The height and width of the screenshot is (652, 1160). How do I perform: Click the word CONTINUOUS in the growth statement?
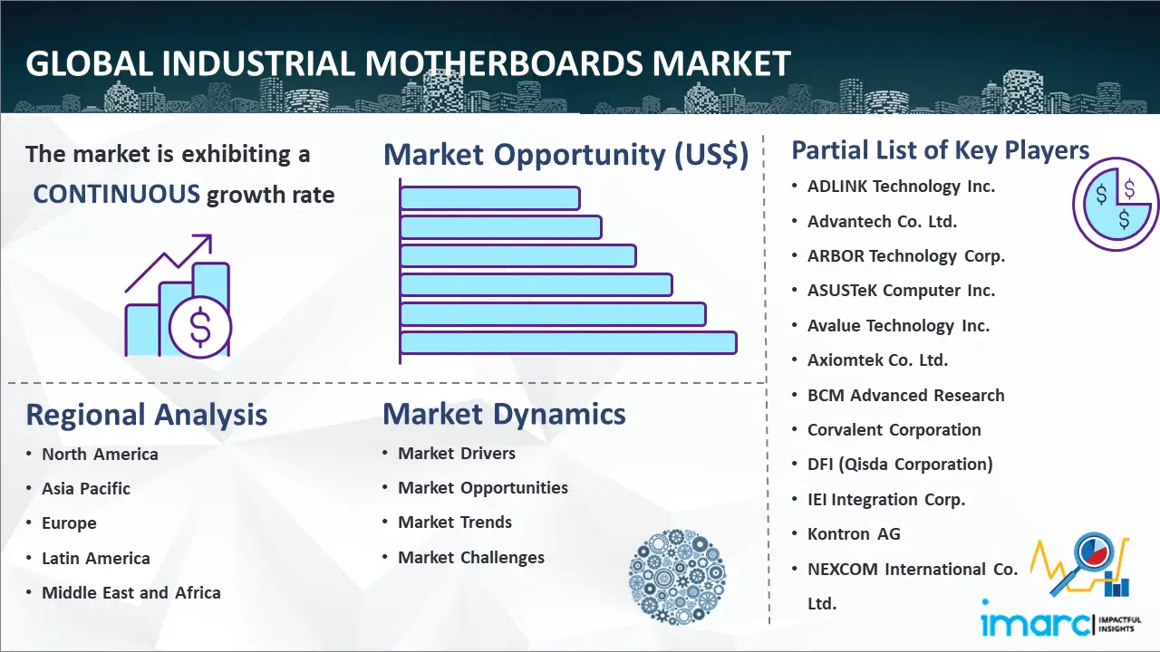[117, 194]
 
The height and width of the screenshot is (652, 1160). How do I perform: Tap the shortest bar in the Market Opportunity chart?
[490, 198]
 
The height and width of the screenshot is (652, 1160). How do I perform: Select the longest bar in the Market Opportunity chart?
[568, 342]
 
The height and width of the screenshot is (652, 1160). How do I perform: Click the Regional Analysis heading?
[147, 415]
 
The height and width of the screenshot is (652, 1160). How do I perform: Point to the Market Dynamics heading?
[504, 414]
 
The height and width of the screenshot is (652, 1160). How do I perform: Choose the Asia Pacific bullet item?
[86, 488]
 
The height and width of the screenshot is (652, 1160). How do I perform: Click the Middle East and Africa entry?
[131, 592]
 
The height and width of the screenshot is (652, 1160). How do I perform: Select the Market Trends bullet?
[455, 523]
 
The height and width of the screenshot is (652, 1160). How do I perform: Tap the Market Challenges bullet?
[471, 557]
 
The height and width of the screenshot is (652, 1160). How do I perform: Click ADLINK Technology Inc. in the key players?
[901, 187]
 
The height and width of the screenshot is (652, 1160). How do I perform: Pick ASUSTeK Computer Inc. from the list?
[901, 291]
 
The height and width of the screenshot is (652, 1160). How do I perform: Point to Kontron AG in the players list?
[854, 533]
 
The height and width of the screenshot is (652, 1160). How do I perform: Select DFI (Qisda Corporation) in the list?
[900, 465]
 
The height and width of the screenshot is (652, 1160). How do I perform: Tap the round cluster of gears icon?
[677, 577]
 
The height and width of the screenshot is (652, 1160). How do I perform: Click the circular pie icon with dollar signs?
[1116, 205]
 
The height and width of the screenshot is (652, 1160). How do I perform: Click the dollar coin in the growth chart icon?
[200, 328]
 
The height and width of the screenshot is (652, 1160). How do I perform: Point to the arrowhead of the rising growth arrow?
[205, 241]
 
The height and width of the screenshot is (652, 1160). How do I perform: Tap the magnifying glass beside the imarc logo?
[1085, 561]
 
